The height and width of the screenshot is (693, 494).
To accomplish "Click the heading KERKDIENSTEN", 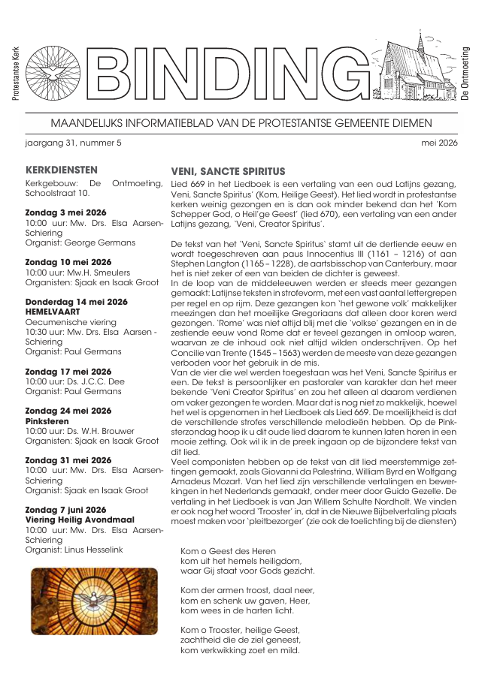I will (x=62, y=170).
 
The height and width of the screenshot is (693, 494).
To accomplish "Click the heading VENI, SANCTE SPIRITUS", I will (x=228, y=171).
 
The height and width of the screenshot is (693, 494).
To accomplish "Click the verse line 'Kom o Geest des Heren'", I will (x=228, y=551).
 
